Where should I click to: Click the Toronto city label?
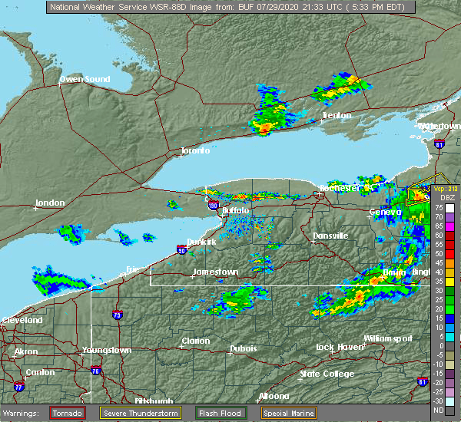195,151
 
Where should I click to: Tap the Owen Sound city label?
82,80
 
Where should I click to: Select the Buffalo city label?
235,210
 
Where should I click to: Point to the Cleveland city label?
21,320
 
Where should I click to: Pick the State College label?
327,374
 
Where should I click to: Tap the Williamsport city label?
387,338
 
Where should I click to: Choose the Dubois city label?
244,349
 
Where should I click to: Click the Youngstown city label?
107,350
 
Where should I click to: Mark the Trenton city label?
336,116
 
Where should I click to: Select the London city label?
50,204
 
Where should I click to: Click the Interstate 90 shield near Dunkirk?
181,249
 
